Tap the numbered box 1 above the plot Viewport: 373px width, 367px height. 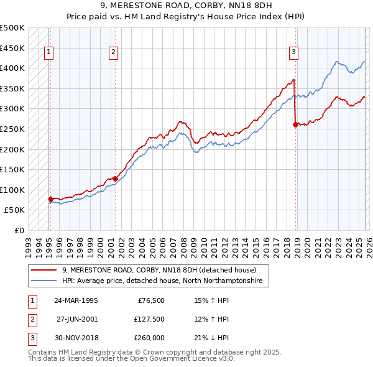coord(49,53)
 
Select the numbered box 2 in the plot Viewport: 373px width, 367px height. coord(114,53)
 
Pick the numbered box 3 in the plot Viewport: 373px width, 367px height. coord(293,53)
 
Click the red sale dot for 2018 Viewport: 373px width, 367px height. coord(295,125)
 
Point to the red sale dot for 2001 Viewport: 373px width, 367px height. coord(115,179)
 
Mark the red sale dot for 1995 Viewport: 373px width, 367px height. coord(50,199)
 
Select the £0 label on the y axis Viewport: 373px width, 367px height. coord(19,231)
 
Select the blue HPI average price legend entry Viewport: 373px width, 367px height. coord(162,281)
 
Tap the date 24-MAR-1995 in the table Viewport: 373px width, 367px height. coord(76,300)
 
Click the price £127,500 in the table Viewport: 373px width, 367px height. coord(149,319)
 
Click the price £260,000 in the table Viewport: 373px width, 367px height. coord(149,338)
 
